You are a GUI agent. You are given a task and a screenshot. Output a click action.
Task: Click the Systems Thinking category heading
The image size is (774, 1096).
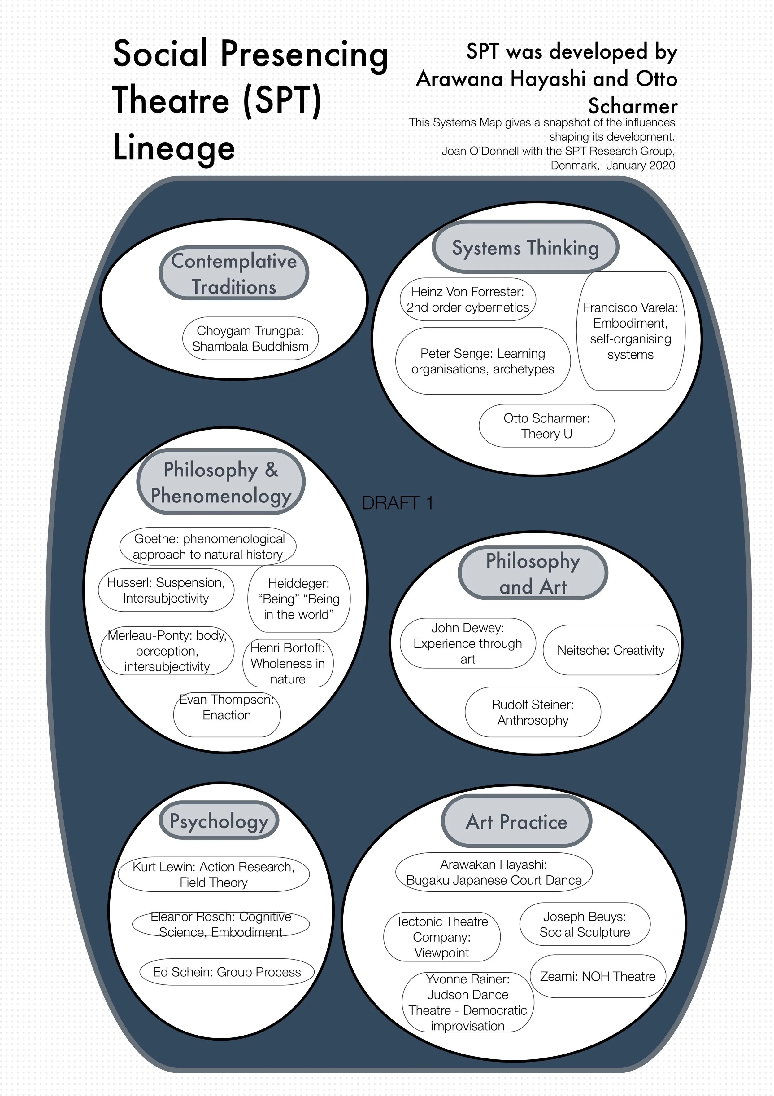pyautogui.click(x=525, y=247)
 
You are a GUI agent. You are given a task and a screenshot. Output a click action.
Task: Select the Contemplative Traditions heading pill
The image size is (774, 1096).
pyautogui.click(x=234, y=273)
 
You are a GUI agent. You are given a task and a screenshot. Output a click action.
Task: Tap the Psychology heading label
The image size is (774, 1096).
pyautogui.click(x=219, y=820)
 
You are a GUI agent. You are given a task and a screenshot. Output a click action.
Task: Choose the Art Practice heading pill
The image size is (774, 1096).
pyautogui.click(x=516, y=821)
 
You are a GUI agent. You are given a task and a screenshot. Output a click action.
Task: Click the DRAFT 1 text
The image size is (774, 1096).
pyautogui.click(x=397, y=503)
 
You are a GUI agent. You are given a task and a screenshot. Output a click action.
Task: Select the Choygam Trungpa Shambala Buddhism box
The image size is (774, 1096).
pyautogui.click(x=250, y=338)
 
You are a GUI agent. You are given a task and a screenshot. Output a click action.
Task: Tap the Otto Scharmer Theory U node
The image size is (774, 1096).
pyautogui.click(x=546, y=426)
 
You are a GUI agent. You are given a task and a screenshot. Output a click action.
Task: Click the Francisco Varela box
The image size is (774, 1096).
pyautogui.click(x=630, y=331)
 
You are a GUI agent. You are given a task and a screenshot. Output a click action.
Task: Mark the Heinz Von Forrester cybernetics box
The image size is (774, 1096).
pyautogui.click(x=468, y=299)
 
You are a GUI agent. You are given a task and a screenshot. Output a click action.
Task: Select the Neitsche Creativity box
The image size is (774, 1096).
pyautogui.click(x=611, y=650)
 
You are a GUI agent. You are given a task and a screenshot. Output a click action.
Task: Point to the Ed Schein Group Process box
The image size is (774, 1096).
pyautogui.click(x=227, y=972)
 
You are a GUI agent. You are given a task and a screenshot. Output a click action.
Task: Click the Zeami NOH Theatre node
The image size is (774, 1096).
pyautogui.click(x=598, y=976)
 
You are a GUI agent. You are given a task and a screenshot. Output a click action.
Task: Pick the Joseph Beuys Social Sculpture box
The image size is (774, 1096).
pyautogui.click(x=585, y=924)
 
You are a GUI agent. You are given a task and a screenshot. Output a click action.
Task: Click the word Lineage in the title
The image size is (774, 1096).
pyautogui.click(x=174, y=148)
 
